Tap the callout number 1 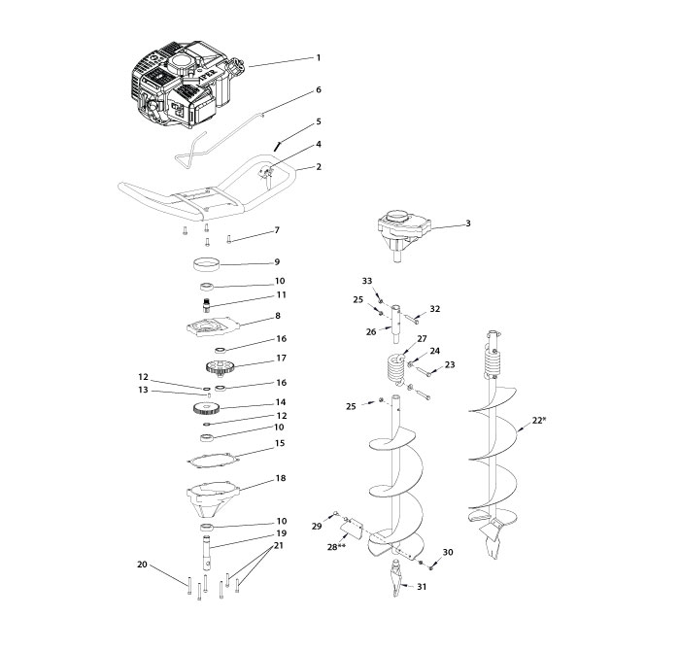click(318, 58)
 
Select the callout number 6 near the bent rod click(318, 89)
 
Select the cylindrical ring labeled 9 click(206, 263)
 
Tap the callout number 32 click(434, 309)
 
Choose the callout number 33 click(367, 281)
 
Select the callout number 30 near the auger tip click(448, 552)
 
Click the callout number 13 click(142, 392)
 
